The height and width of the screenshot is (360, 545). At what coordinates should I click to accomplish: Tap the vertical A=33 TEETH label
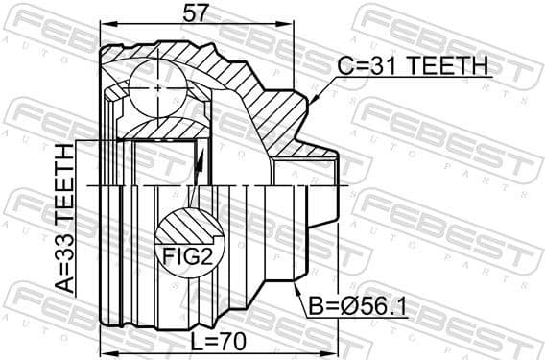(63, 219)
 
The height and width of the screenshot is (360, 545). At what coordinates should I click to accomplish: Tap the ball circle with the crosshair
(156, 85)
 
